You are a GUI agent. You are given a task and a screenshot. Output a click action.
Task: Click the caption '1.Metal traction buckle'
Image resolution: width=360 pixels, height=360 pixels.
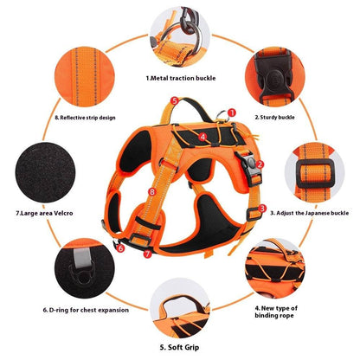(181, 78)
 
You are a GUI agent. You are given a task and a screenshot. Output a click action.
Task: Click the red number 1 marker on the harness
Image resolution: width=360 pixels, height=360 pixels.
(232, 111)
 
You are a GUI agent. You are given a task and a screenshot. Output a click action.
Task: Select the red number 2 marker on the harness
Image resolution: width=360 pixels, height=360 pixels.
(260, 164)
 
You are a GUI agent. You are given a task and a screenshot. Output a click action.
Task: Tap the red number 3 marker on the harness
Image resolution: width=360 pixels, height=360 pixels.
(262, 209)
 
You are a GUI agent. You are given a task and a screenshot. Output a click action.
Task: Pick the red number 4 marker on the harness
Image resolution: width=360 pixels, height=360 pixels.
(202, 136)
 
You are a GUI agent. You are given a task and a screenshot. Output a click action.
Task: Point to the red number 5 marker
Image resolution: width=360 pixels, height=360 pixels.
(175, 101)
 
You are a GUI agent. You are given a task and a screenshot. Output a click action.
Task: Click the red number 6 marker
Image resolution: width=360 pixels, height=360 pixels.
(120, 248)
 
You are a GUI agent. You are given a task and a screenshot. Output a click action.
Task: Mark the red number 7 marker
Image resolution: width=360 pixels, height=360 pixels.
(146, 254)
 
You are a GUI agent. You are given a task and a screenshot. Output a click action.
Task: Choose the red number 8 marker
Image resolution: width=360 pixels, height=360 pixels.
(153, 191)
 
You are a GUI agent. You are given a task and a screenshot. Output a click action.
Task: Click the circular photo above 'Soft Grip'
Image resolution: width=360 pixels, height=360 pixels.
(180, 299)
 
